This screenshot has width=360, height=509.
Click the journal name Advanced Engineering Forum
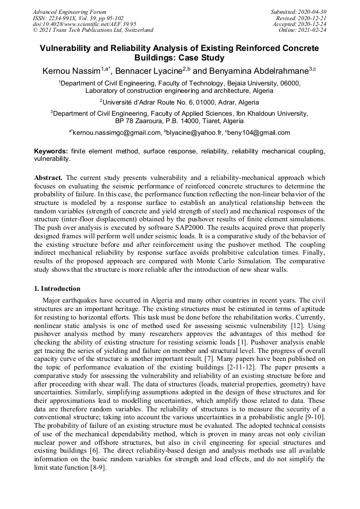[69, 12]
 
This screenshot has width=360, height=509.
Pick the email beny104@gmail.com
[259, 133]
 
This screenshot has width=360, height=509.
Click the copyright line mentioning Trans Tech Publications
[93, 30]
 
